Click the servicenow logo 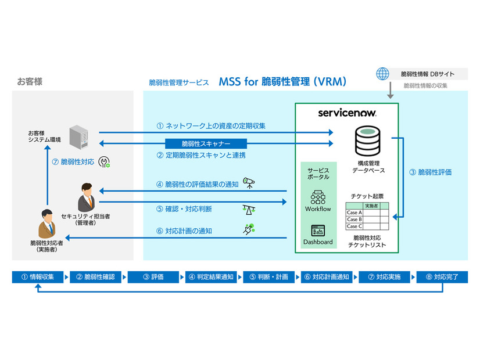[346, 113]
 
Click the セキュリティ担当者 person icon [85, 196]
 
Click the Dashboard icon [317, 229]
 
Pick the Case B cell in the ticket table [354, 219]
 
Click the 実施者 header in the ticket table [372, 206]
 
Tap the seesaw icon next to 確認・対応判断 [249, 208]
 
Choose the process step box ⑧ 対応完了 [442, 277]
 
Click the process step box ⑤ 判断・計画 [268, 277]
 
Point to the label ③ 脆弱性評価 [431, 172]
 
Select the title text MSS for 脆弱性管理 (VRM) [282, 82]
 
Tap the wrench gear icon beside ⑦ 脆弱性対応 [105, 163]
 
